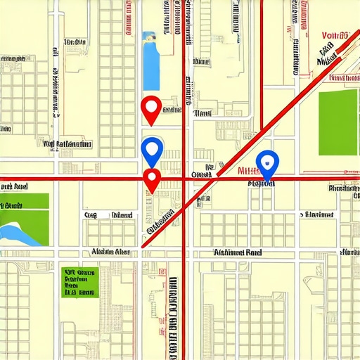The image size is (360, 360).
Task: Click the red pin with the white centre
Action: [151, 108]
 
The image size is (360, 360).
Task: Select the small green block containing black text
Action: [78, 281]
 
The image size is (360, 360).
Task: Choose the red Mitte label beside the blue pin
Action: [250, 170]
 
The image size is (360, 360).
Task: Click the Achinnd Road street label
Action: [239, 252]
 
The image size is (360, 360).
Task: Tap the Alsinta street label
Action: [110, 252]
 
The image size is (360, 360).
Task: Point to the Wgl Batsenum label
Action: [67, 144]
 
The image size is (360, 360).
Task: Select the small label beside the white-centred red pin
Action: [172, 110]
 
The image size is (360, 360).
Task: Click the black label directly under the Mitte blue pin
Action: [262, 184]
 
